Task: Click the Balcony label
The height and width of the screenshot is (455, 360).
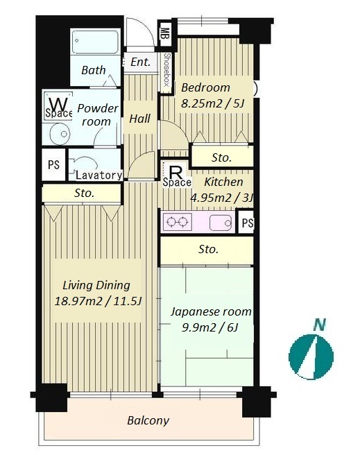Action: click(148, 420)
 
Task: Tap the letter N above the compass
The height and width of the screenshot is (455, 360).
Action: click(320, 325)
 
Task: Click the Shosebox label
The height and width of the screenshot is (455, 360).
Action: click(166, 69)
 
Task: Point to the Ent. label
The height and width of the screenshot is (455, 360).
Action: click(141, 62)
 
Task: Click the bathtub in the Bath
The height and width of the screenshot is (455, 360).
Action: click(95, 42)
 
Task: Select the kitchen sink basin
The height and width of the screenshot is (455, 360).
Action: click(221, 223)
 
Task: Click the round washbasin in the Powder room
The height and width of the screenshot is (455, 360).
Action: click(60, 134)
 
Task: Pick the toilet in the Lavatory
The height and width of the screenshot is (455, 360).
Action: click(82, 165)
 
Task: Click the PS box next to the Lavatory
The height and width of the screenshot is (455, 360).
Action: click(53, 164)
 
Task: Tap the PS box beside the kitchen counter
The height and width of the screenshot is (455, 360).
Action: click(246, 223)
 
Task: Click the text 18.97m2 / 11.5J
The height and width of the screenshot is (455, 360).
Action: click(98, 301)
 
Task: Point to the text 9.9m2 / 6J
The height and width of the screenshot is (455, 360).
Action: click(210, 327)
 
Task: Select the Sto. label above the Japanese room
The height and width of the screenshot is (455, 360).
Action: click(208, 249)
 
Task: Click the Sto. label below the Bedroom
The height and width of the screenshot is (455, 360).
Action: click(222, 157)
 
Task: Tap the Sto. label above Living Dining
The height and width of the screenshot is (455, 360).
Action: click(84, 193)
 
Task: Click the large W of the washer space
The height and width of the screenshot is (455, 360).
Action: click(58, 103)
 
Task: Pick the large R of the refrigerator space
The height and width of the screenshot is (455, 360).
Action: click(175, 173)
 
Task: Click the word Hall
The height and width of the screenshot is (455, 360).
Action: click(140, 119)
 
